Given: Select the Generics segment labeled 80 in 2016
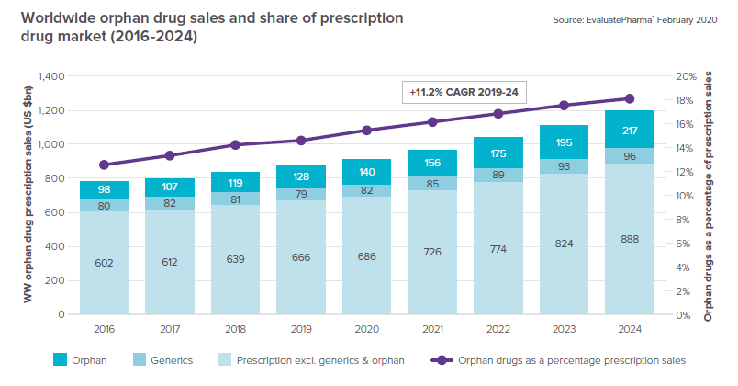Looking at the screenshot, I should [104, 206].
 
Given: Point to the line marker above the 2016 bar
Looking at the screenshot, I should [104, 165].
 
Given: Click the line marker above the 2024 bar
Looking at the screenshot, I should [630, 98].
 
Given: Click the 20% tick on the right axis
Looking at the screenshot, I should [687, 76].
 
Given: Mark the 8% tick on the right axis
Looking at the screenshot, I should [685, 220].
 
